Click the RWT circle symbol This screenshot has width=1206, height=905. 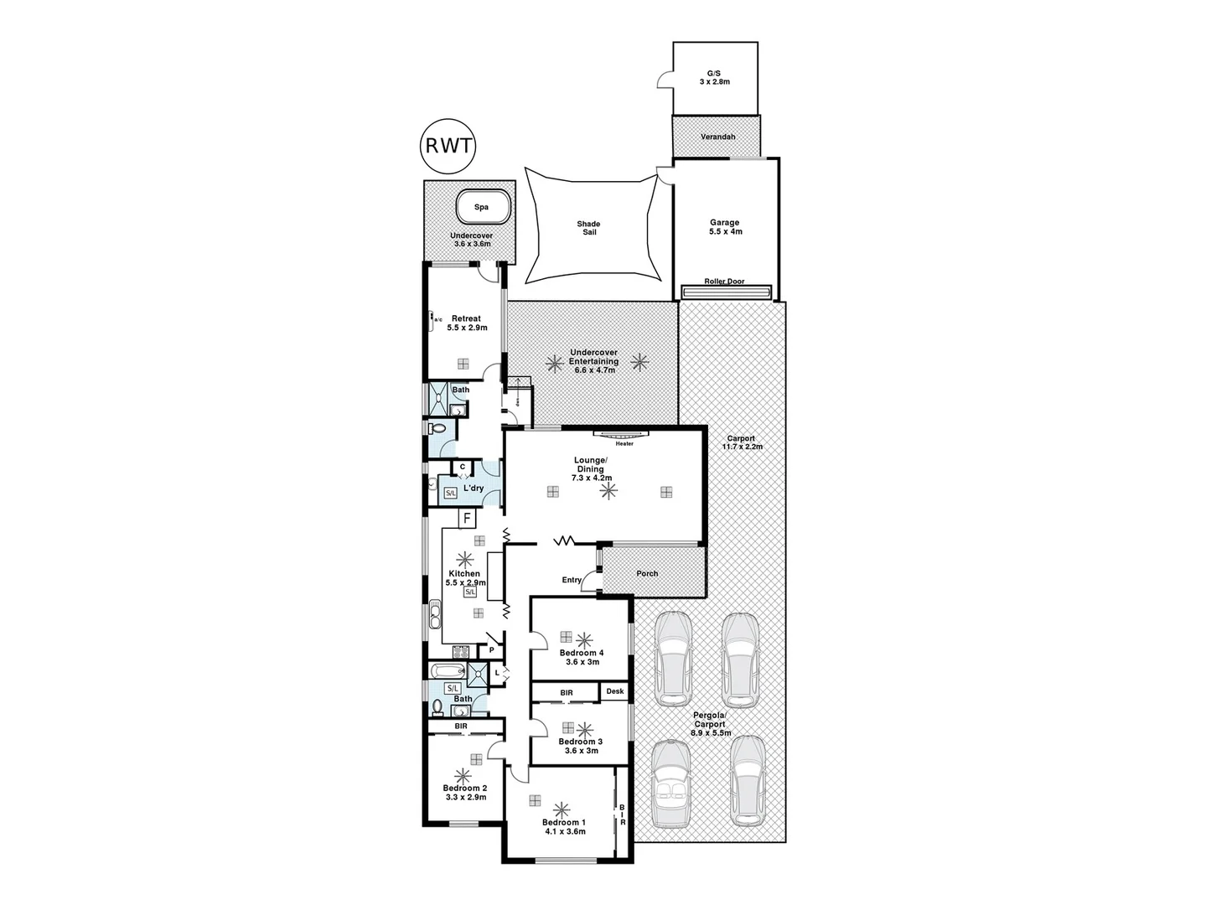click(447, 145)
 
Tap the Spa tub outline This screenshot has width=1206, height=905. click(482, 207)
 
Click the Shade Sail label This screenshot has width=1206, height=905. click(588, 228)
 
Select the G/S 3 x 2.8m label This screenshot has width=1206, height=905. click(715, 78)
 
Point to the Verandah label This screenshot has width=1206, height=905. click(717, 137)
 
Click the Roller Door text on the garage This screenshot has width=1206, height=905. click(724, 282)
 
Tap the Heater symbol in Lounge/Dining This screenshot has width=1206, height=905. click(623, 435)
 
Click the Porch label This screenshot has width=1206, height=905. click(647, 573)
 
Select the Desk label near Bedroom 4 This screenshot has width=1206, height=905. click(615, 691)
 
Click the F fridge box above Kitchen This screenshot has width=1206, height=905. click(467, 519)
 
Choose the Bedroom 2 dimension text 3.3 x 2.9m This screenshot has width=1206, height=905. click(465, 798)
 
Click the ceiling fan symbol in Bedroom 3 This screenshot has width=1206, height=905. click(585, 729)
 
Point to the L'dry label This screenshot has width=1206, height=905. click(474, 488)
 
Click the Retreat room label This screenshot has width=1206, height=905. click(466, 318)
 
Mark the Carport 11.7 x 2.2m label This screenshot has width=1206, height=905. click(741, 442)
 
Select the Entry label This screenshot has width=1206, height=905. click(572, 580)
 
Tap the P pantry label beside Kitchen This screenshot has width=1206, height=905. click(492, 649)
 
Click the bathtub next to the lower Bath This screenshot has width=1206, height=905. click(447, 671)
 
